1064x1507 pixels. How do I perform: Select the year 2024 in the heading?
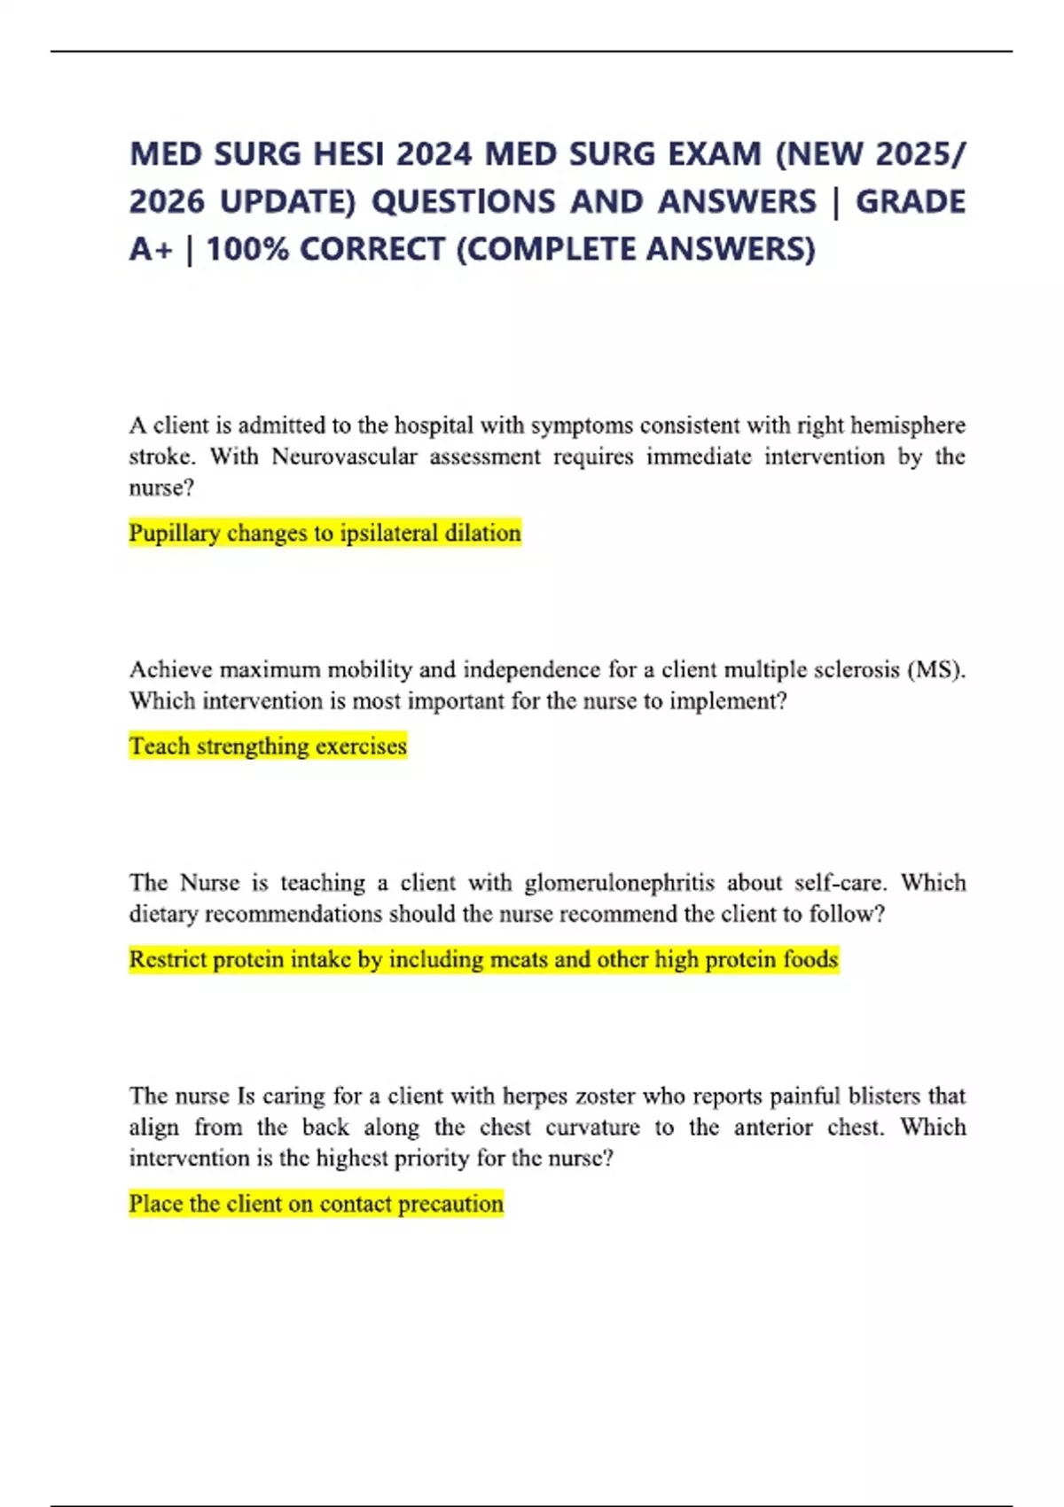click(434, 154)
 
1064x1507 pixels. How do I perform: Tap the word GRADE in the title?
click(911, 202)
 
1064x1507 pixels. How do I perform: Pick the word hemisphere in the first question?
click(907, 426)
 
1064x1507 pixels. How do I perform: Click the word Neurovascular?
click(344, 457)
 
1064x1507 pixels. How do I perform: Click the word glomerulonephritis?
click(619, 883)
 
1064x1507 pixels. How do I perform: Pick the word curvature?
click(592, 1128)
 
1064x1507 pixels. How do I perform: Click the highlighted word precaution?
click(450, 1204)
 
